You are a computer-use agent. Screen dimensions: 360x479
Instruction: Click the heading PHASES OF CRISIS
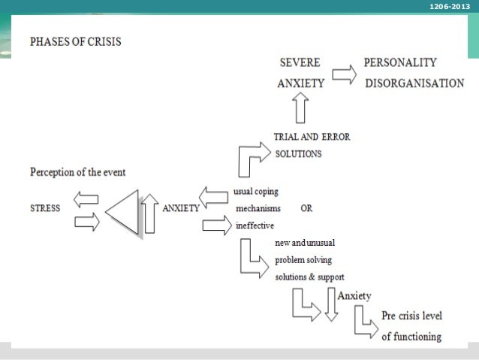click(x=75, y=42)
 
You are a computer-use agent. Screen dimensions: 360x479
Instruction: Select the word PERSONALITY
click(x=400, y=63)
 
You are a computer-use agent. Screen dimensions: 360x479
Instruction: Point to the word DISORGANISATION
click(x=414, y=83)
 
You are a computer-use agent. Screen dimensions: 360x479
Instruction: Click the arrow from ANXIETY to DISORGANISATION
click(x=344, y=74)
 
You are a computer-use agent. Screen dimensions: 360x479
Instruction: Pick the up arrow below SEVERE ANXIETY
click(x=301, y=107)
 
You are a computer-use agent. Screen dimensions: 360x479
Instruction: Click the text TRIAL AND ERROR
click(x=312, y=137)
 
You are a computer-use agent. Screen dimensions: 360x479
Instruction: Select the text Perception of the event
click(x=77, y=172)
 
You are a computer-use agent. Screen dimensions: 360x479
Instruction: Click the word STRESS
click(x=45, y=208)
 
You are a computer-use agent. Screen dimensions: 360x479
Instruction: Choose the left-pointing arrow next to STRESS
click(x=86, y=199)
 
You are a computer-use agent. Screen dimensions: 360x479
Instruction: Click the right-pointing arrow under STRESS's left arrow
click(x=87, y=222)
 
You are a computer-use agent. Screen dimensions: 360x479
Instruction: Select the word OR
click(x=306, y=208)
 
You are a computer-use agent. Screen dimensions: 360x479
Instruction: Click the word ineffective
click(x=255, y=225)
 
